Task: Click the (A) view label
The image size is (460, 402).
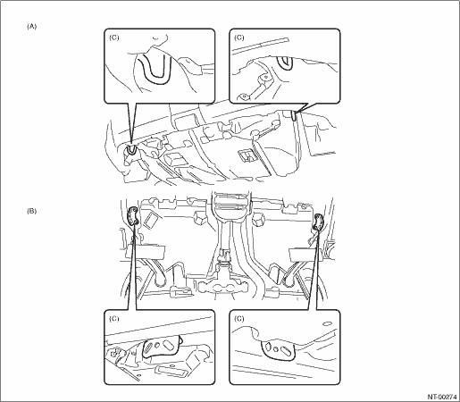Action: tap(31, 27)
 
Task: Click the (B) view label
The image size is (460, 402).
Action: tap(31, 211)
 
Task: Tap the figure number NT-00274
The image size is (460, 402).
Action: tap(442, 397)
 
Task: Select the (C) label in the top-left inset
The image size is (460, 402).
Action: tap(114, 38)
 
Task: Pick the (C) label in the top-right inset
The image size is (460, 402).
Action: tap(239, 38)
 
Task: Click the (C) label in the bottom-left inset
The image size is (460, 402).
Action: tap(114, 319)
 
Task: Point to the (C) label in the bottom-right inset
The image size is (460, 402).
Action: tap(239, 319)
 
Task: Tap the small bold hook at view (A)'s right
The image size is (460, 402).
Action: tap(294, 115)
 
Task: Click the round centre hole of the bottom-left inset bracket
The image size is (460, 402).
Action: tap(156, 345)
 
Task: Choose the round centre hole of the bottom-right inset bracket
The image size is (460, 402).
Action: tap(277, 349)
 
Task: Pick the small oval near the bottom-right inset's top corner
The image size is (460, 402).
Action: tap(327, 323)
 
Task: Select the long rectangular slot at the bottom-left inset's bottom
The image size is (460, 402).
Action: tap(171, 371)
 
